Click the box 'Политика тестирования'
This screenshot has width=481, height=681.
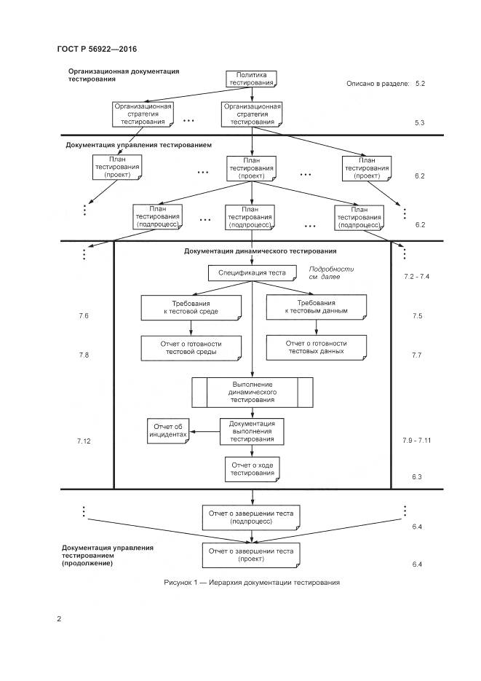point(252,79)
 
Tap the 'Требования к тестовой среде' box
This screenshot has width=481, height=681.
point(190,307)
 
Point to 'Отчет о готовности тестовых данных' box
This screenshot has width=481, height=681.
point(316,347)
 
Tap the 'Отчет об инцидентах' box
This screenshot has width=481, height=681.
point(167,430)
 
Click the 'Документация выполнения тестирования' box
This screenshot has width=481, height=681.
point(252,430)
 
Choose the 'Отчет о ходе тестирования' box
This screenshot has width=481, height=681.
point(252,468)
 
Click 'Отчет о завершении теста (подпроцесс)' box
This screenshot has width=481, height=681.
point(251,517)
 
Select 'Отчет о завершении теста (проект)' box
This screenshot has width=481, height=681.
point(251,555)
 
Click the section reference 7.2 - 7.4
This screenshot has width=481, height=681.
point(417,277)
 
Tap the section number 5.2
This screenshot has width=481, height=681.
point(420,84)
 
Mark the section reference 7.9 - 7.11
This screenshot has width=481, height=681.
point(417,442)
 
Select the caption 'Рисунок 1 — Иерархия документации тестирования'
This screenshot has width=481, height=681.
point(251,583)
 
